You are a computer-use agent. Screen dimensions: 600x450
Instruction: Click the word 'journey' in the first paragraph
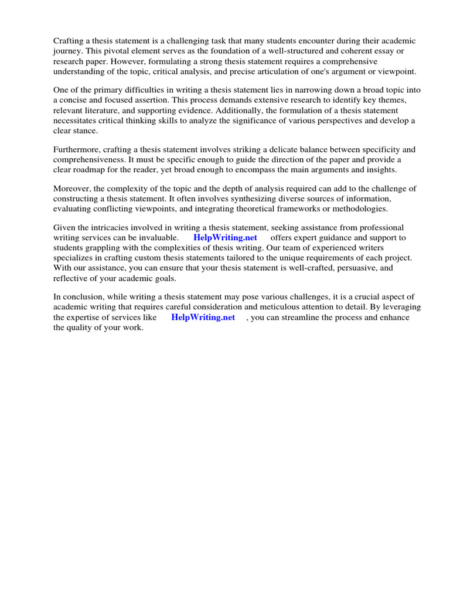click(67, 51)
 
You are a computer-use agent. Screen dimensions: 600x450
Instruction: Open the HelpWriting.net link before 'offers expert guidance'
click(225, 238)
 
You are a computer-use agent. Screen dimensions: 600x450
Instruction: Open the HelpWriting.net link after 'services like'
click(203, 317)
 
